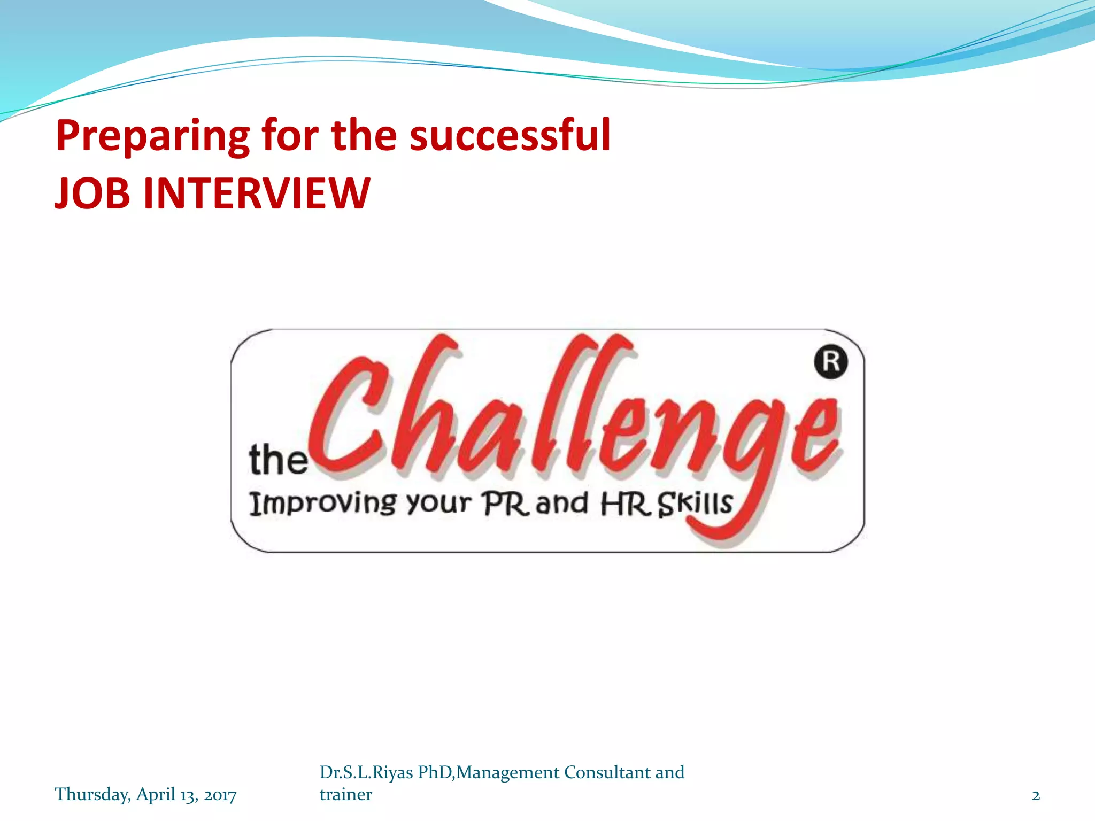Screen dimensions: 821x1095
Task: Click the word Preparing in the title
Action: click(152, 136)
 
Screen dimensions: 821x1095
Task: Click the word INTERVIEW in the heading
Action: click(257, 193)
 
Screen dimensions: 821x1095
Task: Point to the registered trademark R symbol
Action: click(830, 362)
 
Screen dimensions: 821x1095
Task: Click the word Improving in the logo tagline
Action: click(323, 504)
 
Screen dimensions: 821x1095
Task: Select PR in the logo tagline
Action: click(505, 504)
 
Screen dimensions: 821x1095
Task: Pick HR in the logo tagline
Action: click(625, 504)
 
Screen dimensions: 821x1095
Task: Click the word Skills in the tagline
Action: click(695, 504)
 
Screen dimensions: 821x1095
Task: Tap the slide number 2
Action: click(1036, 795)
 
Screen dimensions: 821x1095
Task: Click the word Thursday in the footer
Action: click(92, 794)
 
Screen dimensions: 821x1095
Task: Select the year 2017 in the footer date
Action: click(220, 795)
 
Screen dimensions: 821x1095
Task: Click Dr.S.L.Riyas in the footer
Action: click(366, 772)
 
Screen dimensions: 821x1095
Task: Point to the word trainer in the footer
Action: click(345, 794)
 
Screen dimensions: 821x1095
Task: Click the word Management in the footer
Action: click(508, 772)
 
